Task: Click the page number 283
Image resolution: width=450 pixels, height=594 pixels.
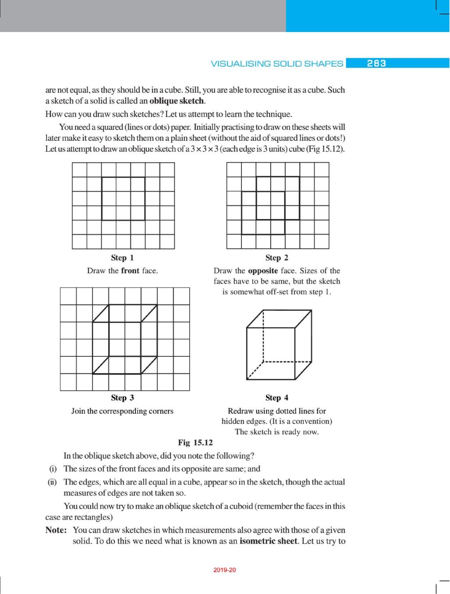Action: click(x=376, y=63)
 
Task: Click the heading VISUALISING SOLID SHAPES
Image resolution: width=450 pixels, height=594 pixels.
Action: click(x=277, y=64)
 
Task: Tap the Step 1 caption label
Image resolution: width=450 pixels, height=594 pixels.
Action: click(x=122, y=258)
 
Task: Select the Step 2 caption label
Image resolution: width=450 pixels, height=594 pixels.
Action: click(x=277, y=258)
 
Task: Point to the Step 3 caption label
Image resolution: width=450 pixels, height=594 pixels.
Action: click(x=122, y=398)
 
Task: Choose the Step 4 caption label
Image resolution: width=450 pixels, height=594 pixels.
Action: click(x=277, y=398)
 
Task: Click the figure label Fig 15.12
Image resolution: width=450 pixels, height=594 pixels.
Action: click(x=195, y=442)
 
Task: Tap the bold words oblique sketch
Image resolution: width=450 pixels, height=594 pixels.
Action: click(x=177, y=101)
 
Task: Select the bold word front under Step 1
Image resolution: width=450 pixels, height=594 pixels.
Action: click(x=130, y=270)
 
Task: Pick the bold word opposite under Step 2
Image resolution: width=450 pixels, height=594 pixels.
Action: click(x=263, y=270)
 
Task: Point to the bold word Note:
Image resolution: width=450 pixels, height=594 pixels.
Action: click(x=56, y=530)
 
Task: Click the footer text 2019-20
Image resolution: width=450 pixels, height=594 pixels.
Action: click(x=225, y=570)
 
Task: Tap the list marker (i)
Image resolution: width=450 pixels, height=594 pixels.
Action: click(x=53, y=469)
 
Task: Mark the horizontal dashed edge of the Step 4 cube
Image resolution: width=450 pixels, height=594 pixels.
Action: click(x=287, y=362)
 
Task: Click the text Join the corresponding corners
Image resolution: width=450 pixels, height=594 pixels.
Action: click(x=122, y=411)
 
